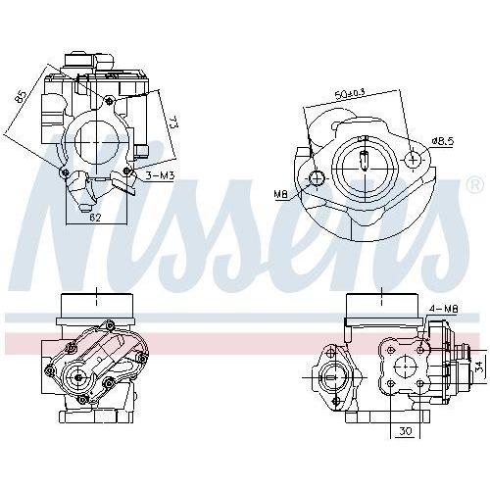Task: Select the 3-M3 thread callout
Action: pos(160,175)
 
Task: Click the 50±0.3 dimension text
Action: pos(349,94)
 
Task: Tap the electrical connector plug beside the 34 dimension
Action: pos(461,367)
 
